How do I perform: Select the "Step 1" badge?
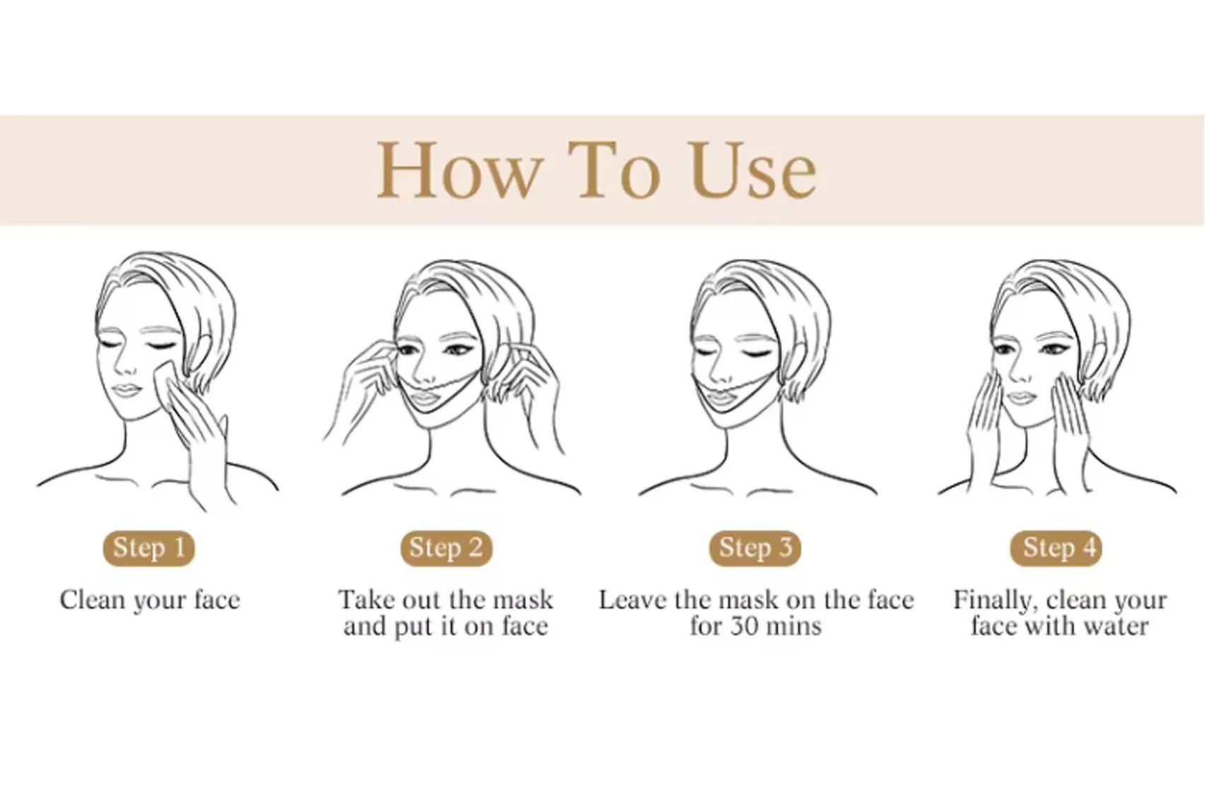[149, 548]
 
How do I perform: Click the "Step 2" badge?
[446, 548]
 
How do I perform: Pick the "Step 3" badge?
[755, 548]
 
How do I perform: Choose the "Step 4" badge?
[1059, 548]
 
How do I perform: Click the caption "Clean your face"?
[150, 600]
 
